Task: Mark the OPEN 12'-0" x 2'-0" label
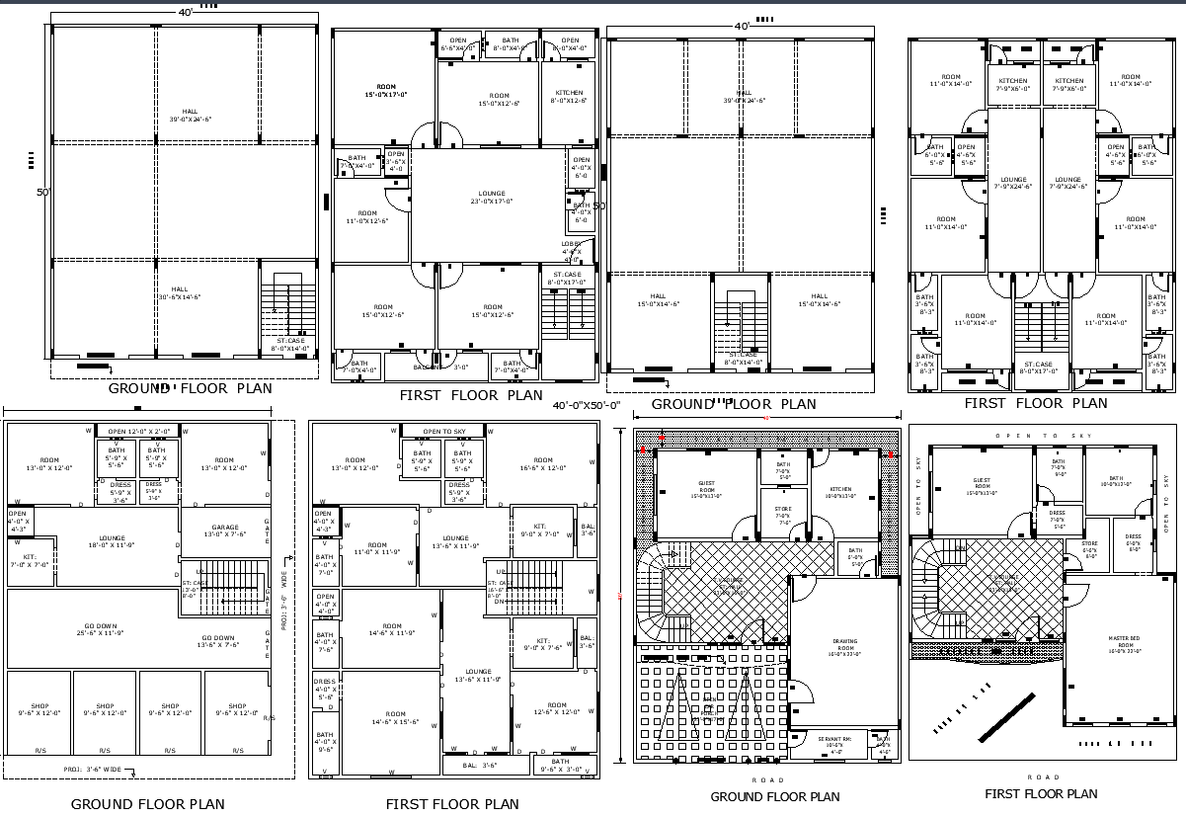pos(139,431)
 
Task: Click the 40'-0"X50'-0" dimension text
pos(586,405)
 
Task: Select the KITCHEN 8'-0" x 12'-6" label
pos(568,96)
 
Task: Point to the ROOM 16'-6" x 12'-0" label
pos(543,464)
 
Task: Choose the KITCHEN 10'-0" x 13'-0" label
pos(840,492)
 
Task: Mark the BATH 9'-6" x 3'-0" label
pos(560,765)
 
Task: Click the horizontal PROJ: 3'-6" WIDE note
pos(94,769)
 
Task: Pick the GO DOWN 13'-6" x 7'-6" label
pos(218,642)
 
